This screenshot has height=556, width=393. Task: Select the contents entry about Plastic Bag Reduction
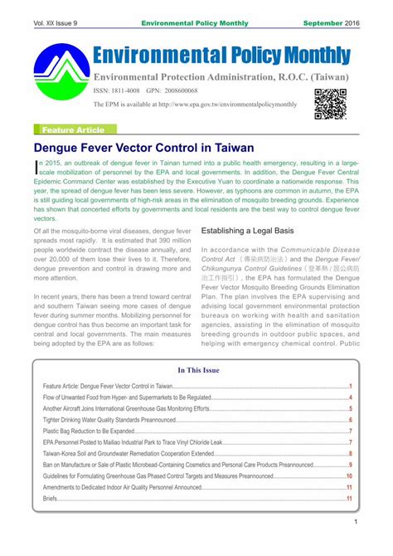(x=89, y=432)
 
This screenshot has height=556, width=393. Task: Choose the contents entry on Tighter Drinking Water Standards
(x=104, y=421)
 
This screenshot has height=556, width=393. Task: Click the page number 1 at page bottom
(x=355, y=521)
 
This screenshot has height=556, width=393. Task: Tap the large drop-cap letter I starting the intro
(x=36, y=168)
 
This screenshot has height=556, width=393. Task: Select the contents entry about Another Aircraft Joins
(x=126, y=409)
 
